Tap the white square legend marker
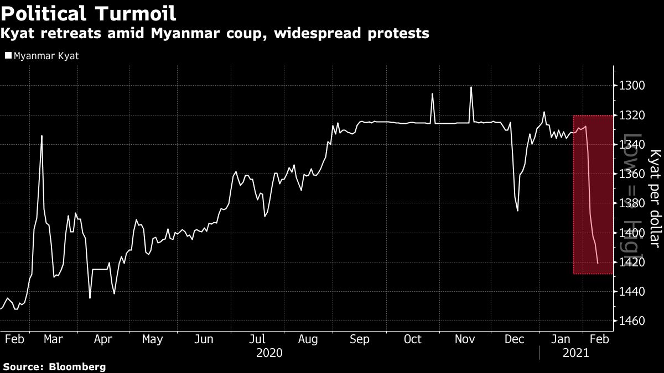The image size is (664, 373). point(8,56)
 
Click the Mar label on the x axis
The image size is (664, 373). point(53,339)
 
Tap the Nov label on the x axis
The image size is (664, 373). point(464,339)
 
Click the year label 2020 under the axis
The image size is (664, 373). point(269,353)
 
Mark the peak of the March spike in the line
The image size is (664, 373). point(41,135)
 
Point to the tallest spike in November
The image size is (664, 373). point(471,87)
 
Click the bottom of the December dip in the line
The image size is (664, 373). point(517,211)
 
